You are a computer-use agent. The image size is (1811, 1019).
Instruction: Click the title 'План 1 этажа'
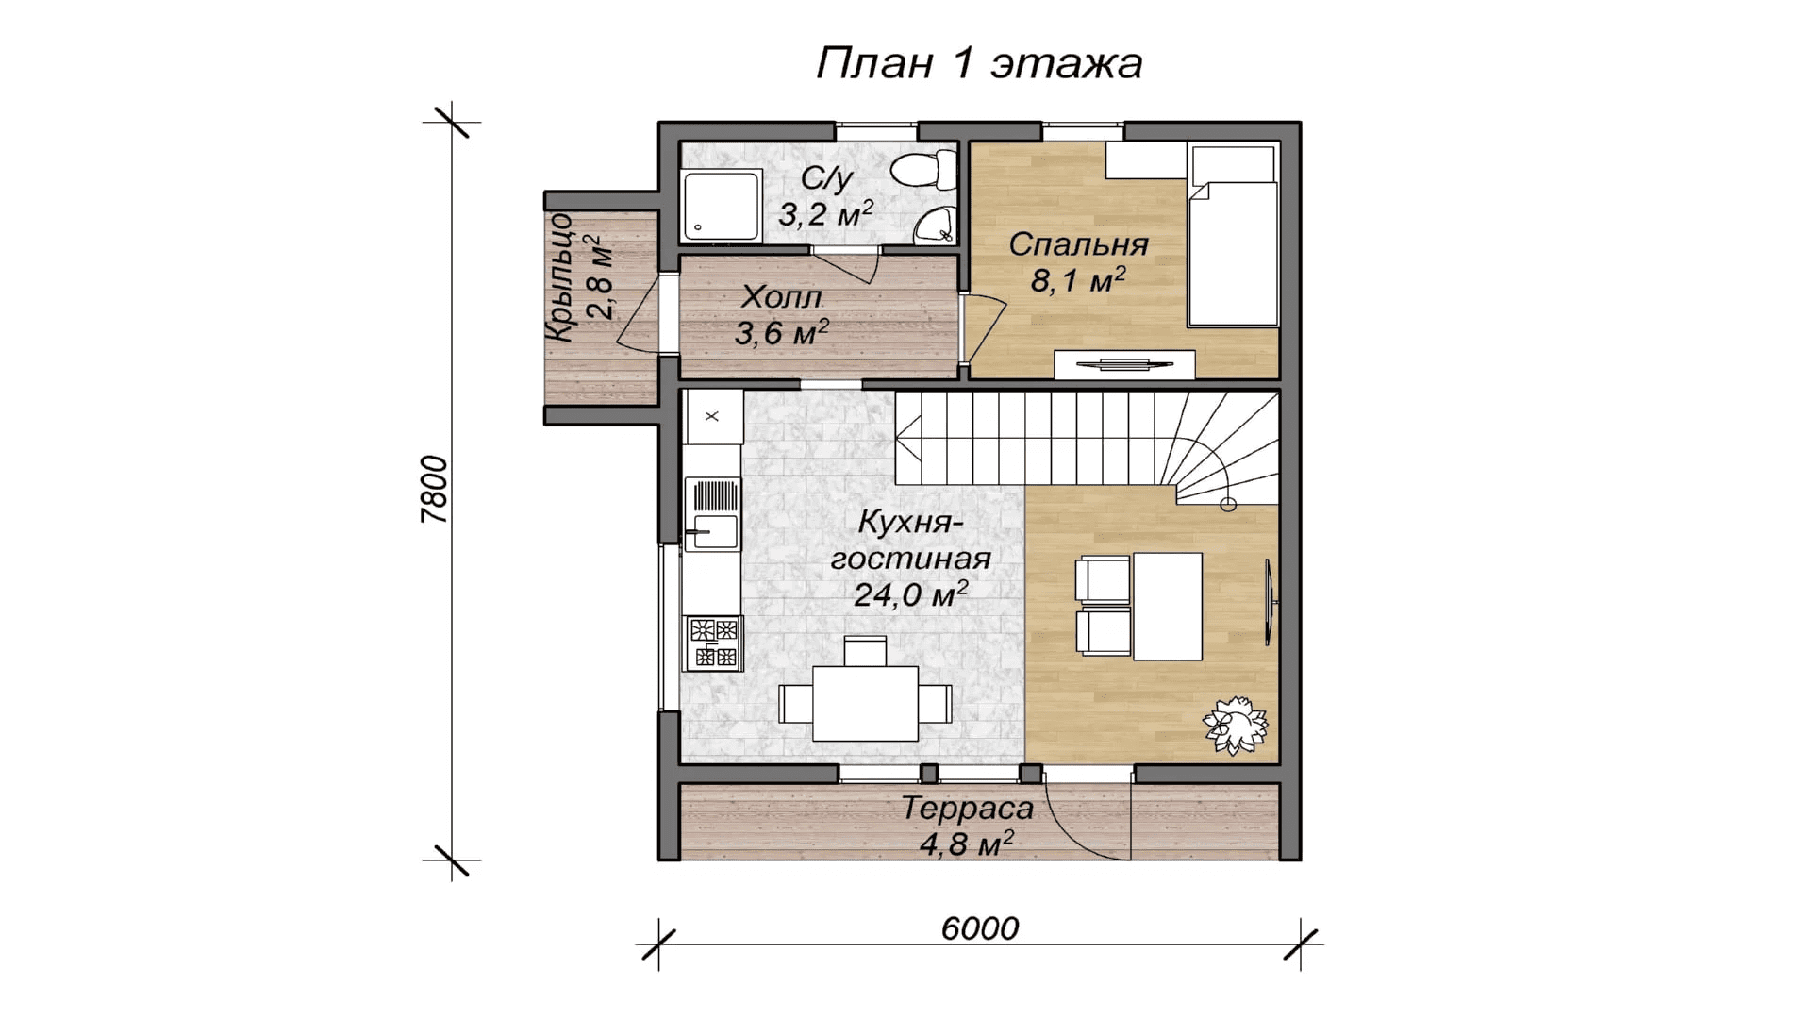click(979, 63)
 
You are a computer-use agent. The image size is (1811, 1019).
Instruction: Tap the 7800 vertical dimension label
click(434, 490)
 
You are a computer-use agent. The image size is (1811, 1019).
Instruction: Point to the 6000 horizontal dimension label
click(980, 928)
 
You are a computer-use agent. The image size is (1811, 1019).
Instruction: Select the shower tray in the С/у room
click(722, 205)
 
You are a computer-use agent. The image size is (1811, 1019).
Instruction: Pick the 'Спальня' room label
click(1078, 244)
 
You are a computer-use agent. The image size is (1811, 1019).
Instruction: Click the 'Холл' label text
click(782, 297)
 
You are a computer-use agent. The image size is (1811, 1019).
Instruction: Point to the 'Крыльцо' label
click(559, 277)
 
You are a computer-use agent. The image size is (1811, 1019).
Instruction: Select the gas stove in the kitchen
click(714, 643)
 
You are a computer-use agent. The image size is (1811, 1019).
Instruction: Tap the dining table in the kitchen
click(865, 703)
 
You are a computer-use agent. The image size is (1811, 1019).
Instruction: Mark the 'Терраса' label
click(968, 809)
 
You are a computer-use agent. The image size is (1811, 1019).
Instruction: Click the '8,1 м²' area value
click(1077, 280)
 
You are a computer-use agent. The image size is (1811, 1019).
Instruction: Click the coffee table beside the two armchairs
click(1168, 607)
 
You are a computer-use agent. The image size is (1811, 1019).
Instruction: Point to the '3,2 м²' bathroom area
click(825, 214)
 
